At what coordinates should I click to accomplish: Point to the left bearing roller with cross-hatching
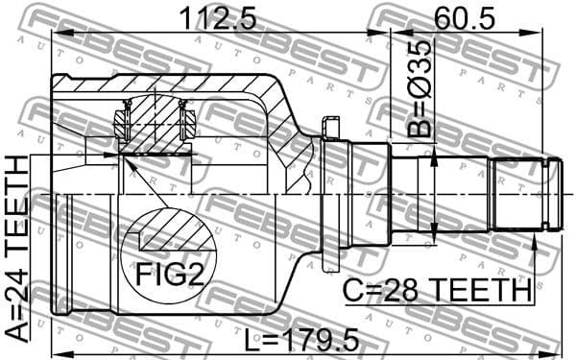pyautogui.click(x=123, y=122)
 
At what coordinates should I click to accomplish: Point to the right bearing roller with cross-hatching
pyautogui.click(x=188, y=122)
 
